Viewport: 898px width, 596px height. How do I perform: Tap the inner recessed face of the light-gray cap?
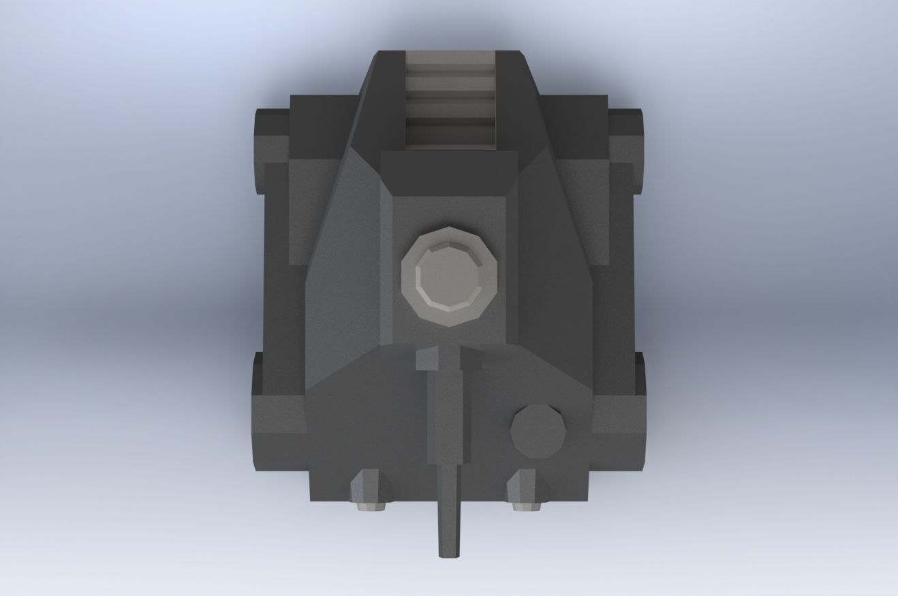[x=450, y=275]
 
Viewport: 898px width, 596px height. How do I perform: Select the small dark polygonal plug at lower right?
[x=538, y=431]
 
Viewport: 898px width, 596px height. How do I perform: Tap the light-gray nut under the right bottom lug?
[x=527, y=505]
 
